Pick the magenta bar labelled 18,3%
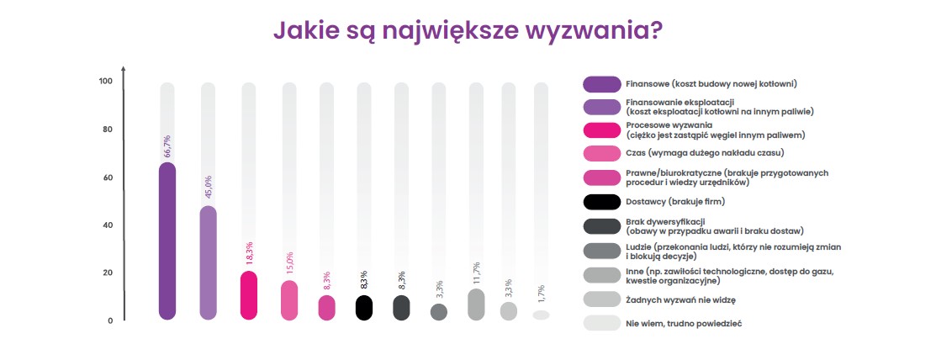[x=249, y=295]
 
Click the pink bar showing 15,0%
[x=289, y=300]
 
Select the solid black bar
[x=364, y=307]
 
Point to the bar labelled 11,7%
[x=476, y=304]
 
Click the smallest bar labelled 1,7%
[x=541, y=315]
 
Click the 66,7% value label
[x=167, y=146]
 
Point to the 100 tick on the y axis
[x=106, y=82]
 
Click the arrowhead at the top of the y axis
[x=124, y=69]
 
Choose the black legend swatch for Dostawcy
[x=602, y=202]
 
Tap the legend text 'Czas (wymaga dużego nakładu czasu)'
[x=705, y=153]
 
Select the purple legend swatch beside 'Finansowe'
[x=602, y=83]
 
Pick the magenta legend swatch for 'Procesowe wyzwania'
[x=602, y=130]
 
